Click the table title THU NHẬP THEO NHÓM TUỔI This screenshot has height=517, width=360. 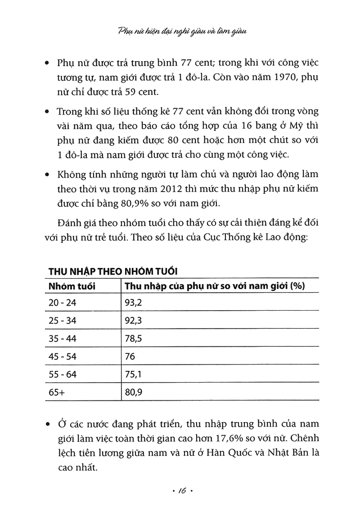114,272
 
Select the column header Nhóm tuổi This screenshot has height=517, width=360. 72,286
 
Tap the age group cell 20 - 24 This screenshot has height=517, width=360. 62,303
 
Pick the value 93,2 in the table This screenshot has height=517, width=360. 133,303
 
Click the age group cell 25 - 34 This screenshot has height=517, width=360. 62,321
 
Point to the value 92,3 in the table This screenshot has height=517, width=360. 133,321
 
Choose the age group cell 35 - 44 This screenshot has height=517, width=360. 62,339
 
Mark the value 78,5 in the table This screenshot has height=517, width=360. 133,339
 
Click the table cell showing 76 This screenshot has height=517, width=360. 130,356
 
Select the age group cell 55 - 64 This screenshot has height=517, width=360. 62,374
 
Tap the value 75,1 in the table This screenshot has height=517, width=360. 133,374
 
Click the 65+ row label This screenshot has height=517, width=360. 56,392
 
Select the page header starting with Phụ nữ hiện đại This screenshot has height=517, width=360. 180,31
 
